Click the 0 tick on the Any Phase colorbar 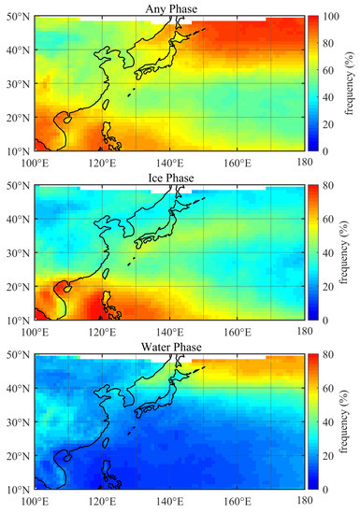(x=326, y=150)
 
